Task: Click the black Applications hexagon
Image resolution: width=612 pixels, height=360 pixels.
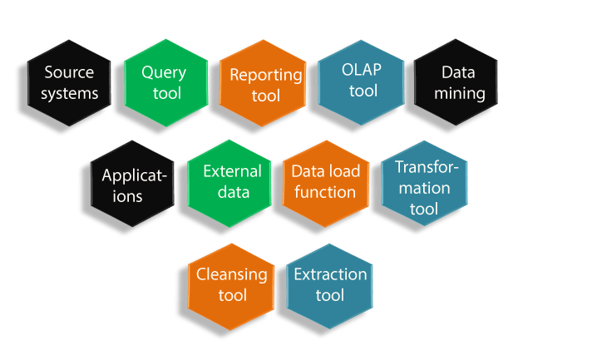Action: [x=133, y=185]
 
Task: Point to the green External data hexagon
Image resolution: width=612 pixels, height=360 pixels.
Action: [x=231, y=183]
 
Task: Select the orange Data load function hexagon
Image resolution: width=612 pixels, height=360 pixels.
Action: [x=325, y=183]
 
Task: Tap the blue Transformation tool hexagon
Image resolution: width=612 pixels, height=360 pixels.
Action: [x=423, y=185]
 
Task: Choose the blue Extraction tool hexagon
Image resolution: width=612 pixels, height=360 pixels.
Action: [x=329, y=285]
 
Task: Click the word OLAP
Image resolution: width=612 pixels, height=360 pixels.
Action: [x=363, y=70]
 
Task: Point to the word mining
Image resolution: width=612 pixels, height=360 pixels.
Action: [x=459, y=93]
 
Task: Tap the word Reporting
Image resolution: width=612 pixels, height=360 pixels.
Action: [x=266, y=74]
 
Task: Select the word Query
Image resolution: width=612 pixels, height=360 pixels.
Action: [x=164, y=72]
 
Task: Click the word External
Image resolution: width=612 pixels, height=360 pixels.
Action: [x=233, y=172]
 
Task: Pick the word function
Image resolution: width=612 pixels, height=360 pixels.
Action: [x=325, y=192]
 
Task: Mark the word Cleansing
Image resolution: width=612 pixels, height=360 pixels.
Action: [x=232, y=274]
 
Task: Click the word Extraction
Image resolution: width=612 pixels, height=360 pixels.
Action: [x=330, y=274]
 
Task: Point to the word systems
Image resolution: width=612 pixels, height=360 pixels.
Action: [x=71, y=92]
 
